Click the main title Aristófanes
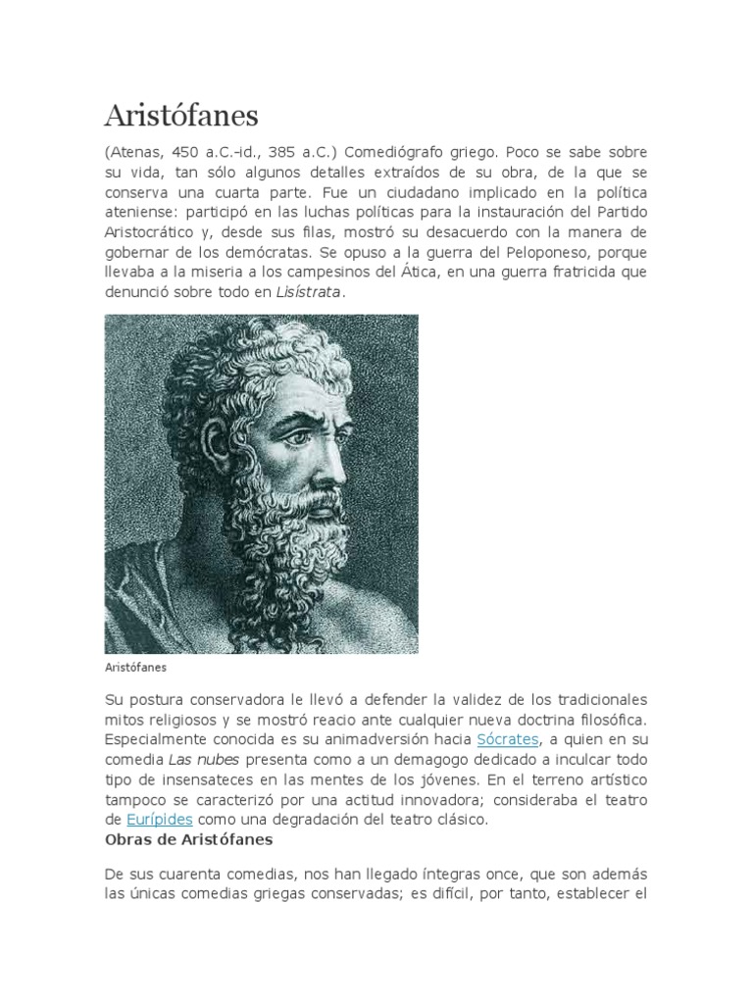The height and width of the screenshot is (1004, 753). [181, 116]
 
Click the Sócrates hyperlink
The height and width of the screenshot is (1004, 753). [507, 738]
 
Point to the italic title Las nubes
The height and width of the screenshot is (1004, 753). [205, 759]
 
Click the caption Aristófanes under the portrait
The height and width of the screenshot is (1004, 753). [135, 667]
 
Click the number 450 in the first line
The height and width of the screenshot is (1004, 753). [185, 155]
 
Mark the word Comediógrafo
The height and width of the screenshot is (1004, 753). [404, 155]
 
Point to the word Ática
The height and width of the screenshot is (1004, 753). [422, 272]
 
